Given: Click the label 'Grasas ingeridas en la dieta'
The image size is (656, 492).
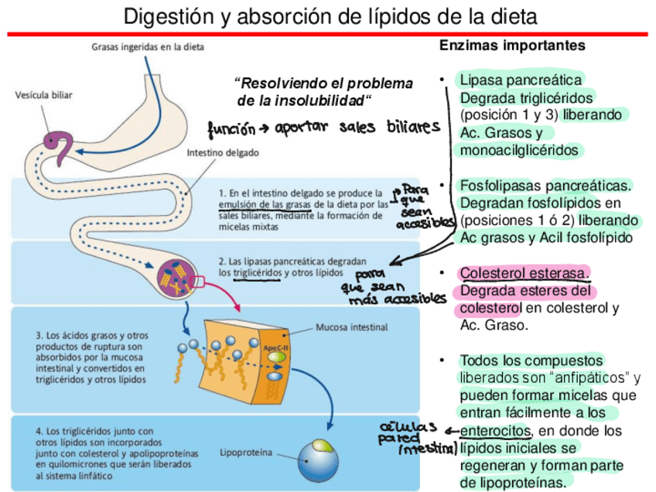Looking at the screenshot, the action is pos(148,46).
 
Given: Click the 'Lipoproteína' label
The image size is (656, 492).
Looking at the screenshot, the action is pos(245,451).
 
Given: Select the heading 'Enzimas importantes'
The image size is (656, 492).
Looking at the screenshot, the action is pos(512,46).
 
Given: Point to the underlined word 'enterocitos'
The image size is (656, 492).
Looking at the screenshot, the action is pos(495,431).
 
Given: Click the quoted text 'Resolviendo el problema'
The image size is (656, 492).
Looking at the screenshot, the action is pos(325,84).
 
